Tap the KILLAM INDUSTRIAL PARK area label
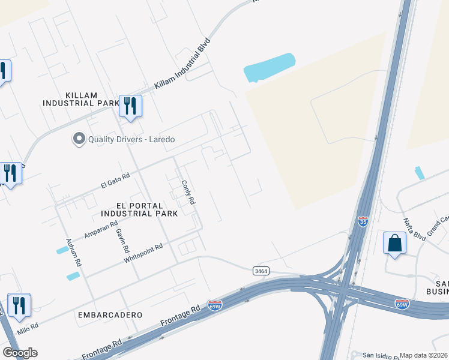pyautogui.click(x=81, y=99)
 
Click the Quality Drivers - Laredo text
pyautogui.click(x=131, y=139)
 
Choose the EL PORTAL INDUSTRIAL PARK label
pyautogui.click(x=139, y=209)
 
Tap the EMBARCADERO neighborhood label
pyautogui.click(x=110, y=314)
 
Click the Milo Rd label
pyautogui.click(x=28, y=328)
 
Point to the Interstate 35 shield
pyautogui.click(x=363, y=222)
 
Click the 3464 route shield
pyautogui.click(x=261, y=271)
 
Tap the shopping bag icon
pyautogui.click(x=394, y=244)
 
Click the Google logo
pyautogui.click(x=20, y=353)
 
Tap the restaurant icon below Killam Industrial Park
pyautogui.click(x=130, y=106)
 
